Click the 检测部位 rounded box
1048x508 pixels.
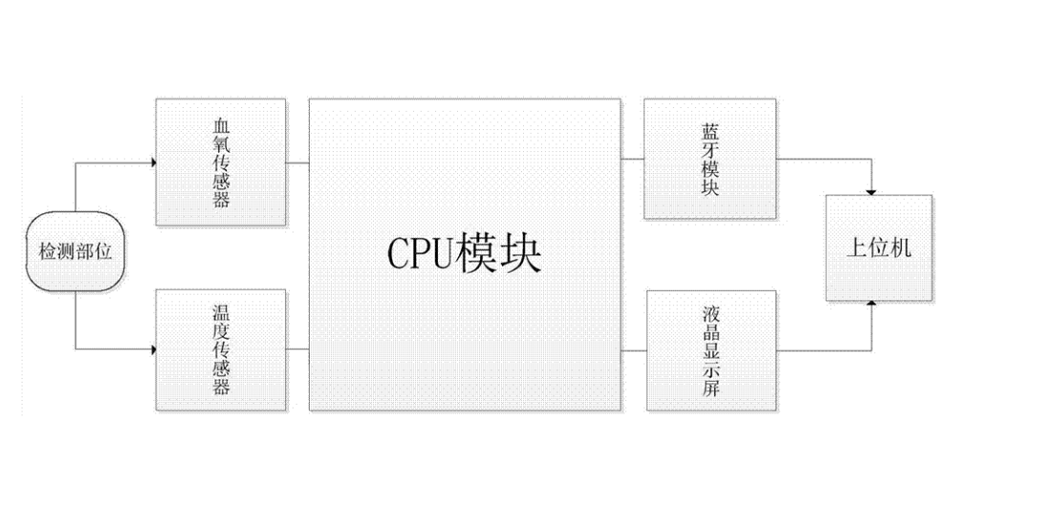pyautogui.click(x=75, y=253)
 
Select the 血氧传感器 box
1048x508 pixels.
pyautogui.click(x=221, y=162)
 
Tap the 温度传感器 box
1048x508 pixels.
pyautogui.click(x=221, y=350)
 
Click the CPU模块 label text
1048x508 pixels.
pyautogui.click(x=465, y=254)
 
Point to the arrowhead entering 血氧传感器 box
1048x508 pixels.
pyautogui.click(x=152, y=162)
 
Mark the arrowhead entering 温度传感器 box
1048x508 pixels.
pyautogui.click(x=152, y=350)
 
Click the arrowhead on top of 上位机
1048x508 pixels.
pyautogui.click(x=871, y=190)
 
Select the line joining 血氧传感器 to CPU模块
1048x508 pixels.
pyautogui.click(x=296, y=162)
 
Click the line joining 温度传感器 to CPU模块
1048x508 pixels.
pyautogui.click(x=296, y=350)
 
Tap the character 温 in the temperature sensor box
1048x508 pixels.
pyautogui.click(x=222, y=312)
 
